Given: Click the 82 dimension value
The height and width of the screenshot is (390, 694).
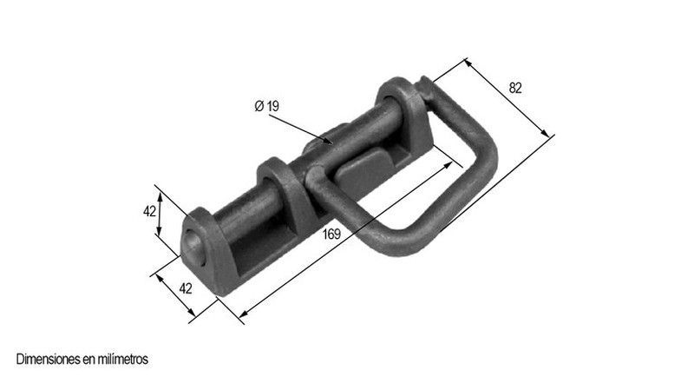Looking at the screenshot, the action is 515,89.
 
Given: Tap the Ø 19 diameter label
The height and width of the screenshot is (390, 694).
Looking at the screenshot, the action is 267,106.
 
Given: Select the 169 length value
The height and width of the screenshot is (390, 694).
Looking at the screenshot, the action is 331,234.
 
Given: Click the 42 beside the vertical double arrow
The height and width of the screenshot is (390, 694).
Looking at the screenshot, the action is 149,211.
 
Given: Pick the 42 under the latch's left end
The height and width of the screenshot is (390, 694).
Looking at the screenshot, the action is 186,288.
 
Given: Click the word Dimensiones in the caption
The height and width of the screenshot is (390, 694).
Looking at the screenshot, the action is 49,359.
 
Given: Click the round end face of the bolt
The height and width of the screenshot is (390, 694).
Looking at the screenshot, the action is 194,248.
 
